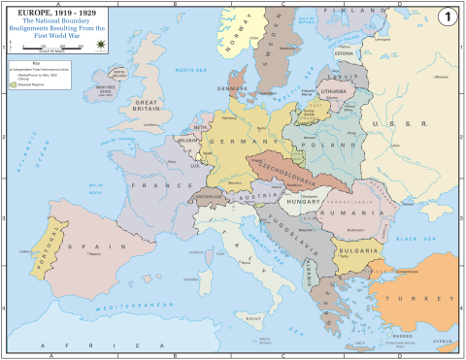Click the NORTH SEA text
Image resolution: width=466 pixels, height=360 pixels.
184,72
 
